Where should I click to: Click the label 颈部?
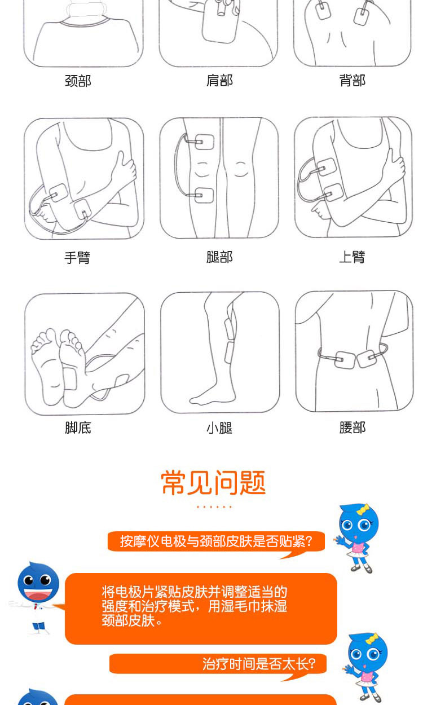[78, 81]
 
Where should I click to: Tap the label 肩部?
[220, 81]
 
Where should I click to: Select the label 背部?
[352, 81]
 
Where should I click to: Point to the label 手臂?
[77, 257]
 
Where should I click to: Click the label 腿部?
[220, 257]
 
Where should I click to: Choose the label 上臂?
[352, 257]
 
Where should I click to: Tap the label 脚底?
[78, 428]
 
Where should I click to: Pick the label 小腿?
[219, 428]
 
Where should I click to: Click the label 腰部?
[352, 428]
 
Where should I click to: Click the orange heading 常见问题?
[213, 483]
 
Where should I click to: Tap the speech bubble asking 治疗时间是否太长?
[218, 665]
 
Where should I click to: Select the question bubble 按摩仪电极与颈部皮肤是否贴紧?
[216, 541]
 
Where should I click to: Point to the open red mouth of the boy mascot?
[38, 596]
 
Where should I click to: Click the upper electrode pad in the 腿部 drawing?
[204, 142]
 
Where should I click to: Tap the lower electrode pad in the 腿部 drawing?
[204, 196]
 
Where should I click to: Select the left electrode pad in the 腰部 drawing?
[345, 359]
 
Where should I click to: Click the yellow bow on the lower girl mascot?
[372, 640]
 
